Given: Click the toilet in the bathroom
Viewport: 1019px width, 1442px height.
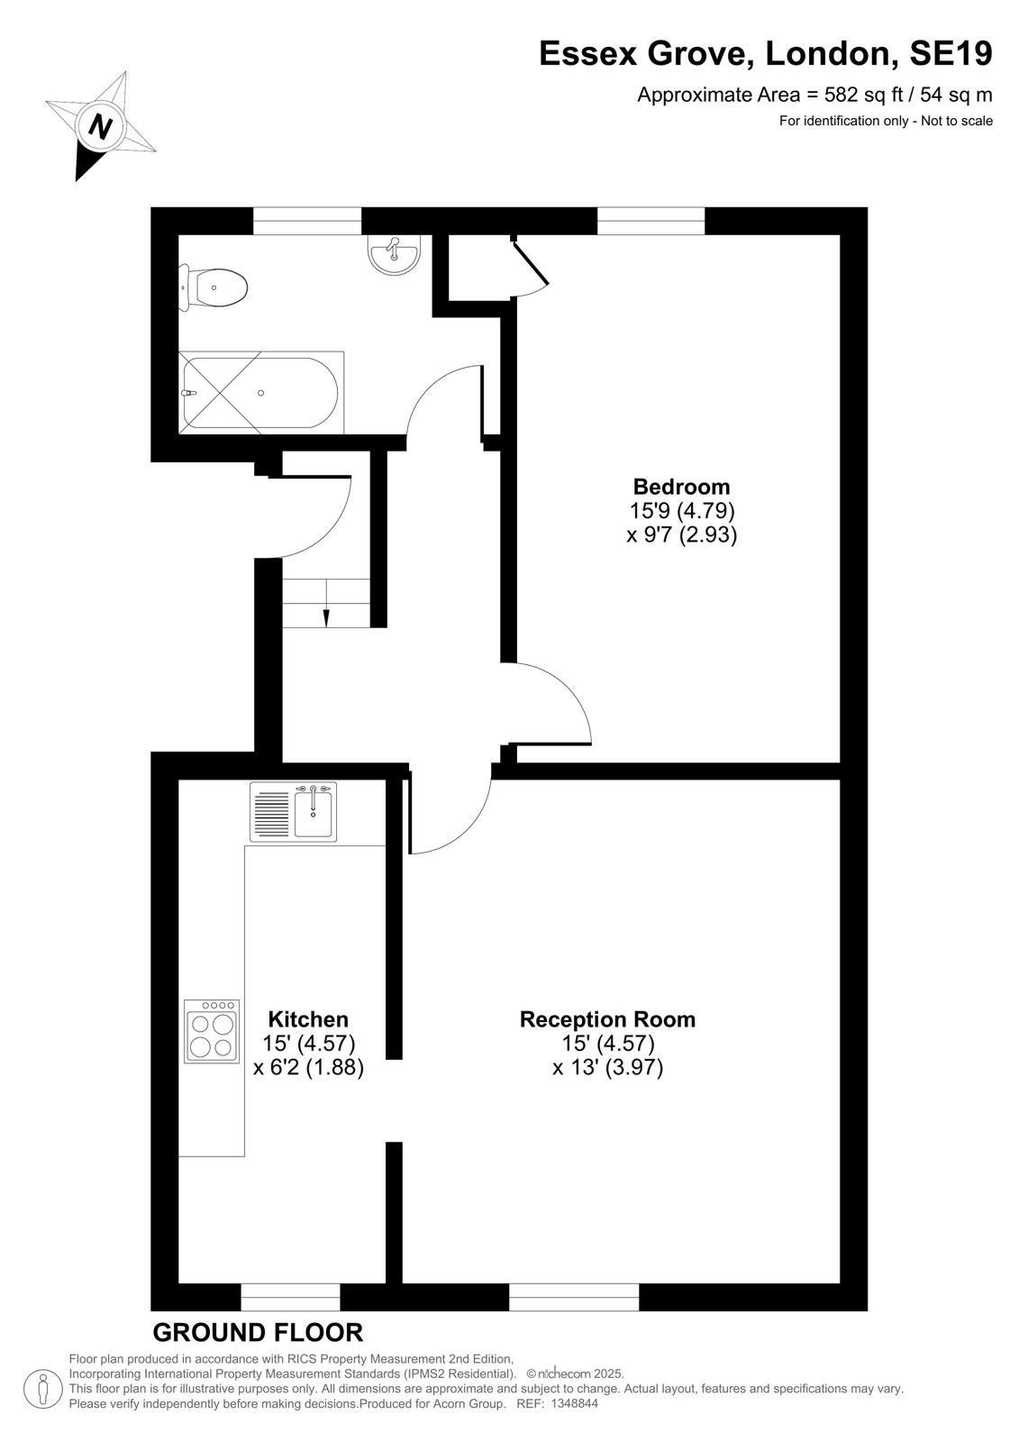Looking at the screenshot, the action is tap(213, 287).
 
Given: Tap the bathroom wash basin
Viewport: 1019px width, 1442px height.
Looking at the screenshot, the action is tap(394, 253).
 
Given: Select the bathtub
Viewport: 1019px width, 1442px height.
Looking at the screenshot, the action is tap(260, 393).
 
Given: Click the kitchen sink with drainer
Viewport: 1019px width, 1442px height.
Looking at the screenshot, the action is tap(294, 811).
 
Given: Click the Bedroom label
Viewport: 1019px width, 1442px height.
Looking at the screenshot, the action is tap(682, 486).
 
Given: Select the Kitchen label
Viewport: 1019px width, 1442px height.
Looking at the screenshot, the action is tap(308, 1019).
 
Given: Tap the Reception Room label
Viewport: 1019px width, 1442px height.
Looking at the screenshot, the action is tap(607, 1019).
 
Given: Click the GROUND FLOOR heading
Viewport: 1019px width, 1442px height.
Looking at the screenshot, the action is tap(259, 1333).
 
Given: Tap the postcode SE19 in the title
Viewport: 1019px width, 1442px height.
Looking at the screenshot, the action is tap(951, 53).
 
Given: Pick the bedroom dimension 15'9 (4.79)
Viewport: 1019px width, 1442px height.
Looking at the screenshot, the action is tap(682, 510).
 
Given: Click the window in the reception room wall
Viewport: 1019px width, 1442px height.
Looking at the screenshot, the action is tap(574, 1297).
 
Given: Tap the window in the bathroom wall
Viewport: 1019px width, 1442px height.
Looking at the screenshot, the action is tap(307, 221).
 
